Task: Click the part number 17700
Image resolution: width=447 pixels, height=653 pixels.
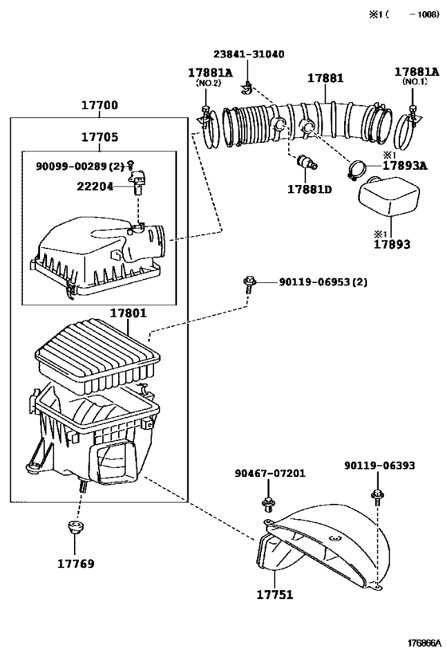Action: click(x=99, y=105)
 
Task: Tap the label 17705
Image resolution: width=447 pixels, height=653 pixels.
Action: click(x=99, y=137)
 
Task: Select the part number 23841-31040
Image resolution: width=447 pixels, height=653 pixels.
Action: click(x=249, y=54)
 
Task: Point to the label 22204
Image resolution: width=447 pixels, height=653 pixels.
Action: click(x=95, y=186)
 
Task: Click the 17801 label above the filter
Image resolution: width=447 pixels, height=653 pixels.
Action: click(x=128, y=313)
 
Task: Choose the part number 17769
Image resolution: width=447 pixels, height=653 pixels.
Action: click(x=76, y=564)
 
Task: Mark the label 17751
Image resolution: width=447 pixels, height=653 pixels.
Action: click(x=275, y=594)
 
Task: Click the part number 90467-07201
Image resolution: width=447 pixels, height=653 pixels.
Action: click(x=270, y=474)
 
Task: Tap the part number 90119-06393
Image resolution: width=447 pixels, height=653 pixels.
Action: click(x=379, y=465)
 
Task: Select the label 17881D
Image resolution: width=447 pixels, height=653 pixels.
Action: click(x=310, y=190)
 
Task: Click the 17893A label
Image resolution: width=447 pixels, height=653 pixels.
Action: click(x=405, y=165)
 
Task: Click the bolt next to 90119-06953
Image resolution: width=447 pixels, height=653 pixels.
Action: click(x=248, y=284)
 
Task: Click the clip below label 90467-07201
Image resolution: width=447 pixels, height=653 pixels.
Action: click(x=267, y=505)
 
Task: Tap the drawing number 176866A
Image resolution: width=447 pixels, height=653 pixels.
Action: click(x=424, y=643)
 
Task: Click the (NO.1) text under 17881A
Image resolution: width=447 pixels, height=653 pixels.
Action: click(x=415, y=81)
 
